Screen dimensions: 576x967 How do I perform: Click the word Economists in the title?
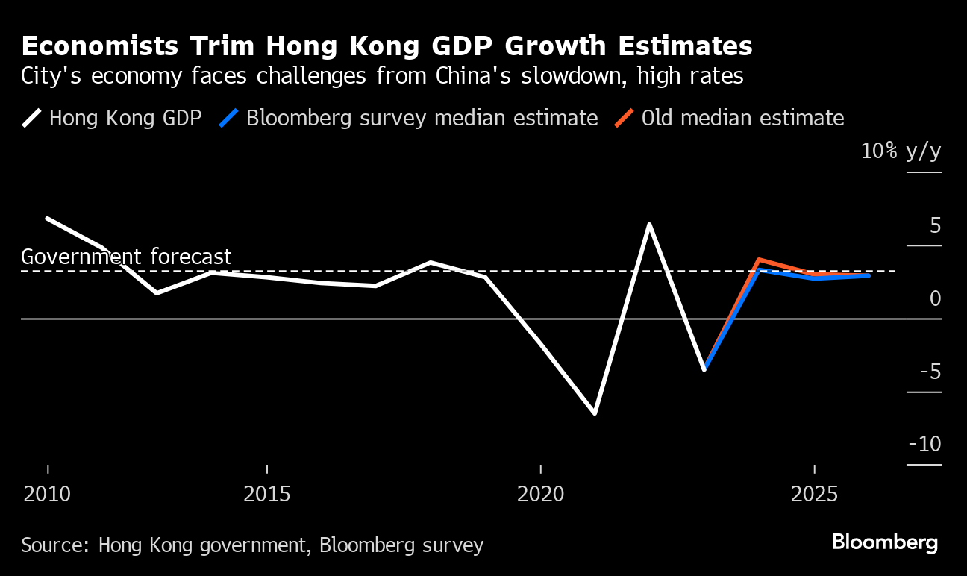(x=98, y=46)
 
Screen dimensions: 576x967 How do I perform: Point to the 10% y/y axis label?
(x=901, y=151)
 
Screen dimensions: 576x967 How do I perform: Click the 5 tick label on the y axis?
(x=935, y=225)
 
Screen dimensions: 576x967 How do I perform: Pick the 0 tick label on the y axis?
(x=935, y=298)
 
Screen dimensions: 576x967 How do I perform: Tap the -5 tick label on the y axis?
(x=930, y=372)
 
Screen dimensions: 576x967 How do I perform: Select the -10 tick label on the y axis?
(x=925, y=445)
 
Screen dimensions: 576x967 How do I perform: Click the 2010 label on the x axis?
(x=48, y=495)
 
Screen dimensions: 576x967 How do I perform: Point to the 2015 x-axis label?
(x=267, y=495)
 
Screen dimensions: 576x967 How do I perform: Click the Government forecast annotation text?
(x=126, y=257)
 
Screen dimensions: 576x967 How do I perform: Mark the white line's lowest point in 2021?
(x=595, y=413)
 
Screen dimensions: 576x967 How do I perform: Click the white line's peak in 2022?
(x=650, y=225)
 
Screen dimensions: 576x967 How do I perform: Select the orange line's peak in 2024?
(x=759, y=260)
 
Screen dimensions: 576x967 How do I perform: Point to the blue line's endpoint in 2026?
(x=869, y=275)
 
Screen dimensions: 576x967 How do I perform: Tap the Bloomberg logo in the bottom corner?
(x=884, y=542)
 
